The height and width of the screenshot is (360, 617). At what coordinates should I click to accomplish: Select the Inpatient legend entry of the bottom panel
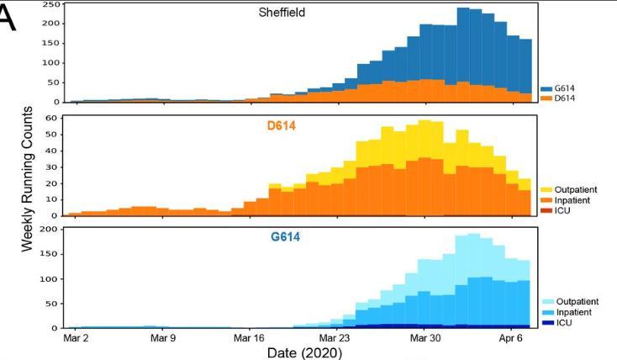tap(574, 312)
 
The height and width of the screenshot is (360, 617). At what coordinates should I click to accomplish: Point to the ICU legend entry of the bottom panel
tap(565, 323)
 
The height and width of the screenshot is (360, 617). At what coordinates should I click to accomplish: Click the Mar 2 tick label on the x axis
tap(76, 339)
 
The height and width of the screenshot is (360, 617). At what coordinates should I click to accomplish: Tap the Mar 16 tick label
tap(250, 339)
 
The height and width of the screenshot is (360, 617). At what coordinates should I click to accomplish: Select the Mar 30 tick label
tap(424, 339)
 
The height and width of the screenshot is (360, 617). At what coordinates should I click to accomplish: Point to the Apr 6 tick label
tap(511, 339)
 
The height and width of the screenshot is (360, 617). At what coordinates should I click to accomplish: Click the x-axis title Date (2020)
tap(304, 353)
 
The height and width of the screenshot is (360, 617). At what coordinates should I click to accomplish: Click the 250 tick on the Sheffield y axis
tap(52, 4)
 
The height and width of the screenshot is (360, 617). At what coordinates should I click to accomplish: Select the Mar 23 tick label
tap(336, 339)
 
